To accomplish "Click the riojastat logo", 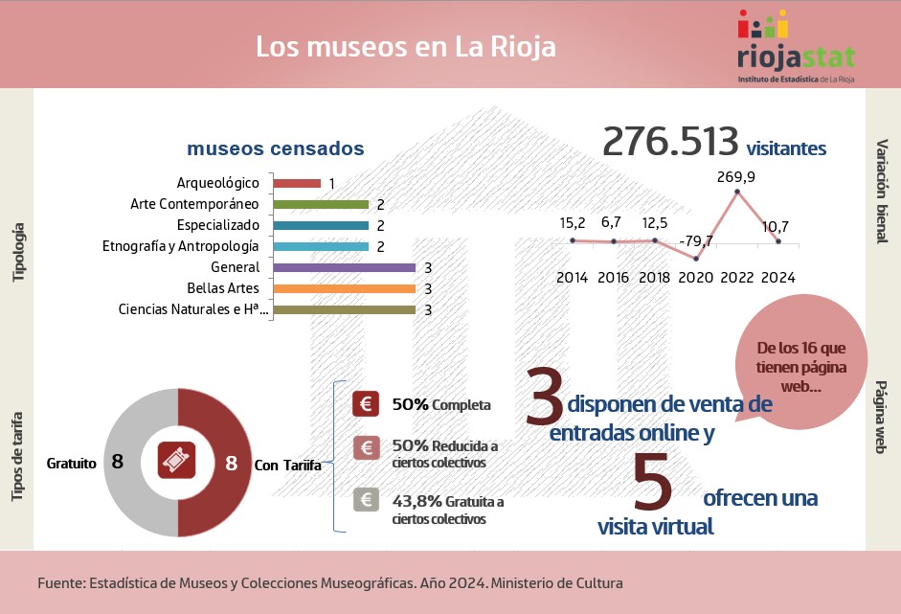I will (796, 47).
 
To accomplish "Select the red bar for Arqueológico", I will (297, 183).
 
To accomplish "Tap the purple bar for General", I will (344, 267).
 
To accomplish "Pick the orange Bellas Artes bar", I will (344, 288).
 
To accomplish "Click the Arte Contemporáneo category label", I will (195, 204).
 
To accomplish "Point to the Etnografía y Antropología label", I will (181, 246).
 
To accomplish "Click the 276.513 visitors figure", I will (670, 142).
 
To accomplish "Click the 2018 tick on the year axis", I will (655, 277).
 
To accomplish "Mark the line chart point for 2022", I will (736, 193).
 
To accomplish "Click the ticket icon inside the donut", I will (177, 463).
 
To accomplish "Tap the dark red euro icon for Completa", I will (365, 404).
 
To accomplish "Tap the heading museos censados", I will (275, 149).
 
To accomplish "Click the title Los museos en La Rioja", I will (405, 47).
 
